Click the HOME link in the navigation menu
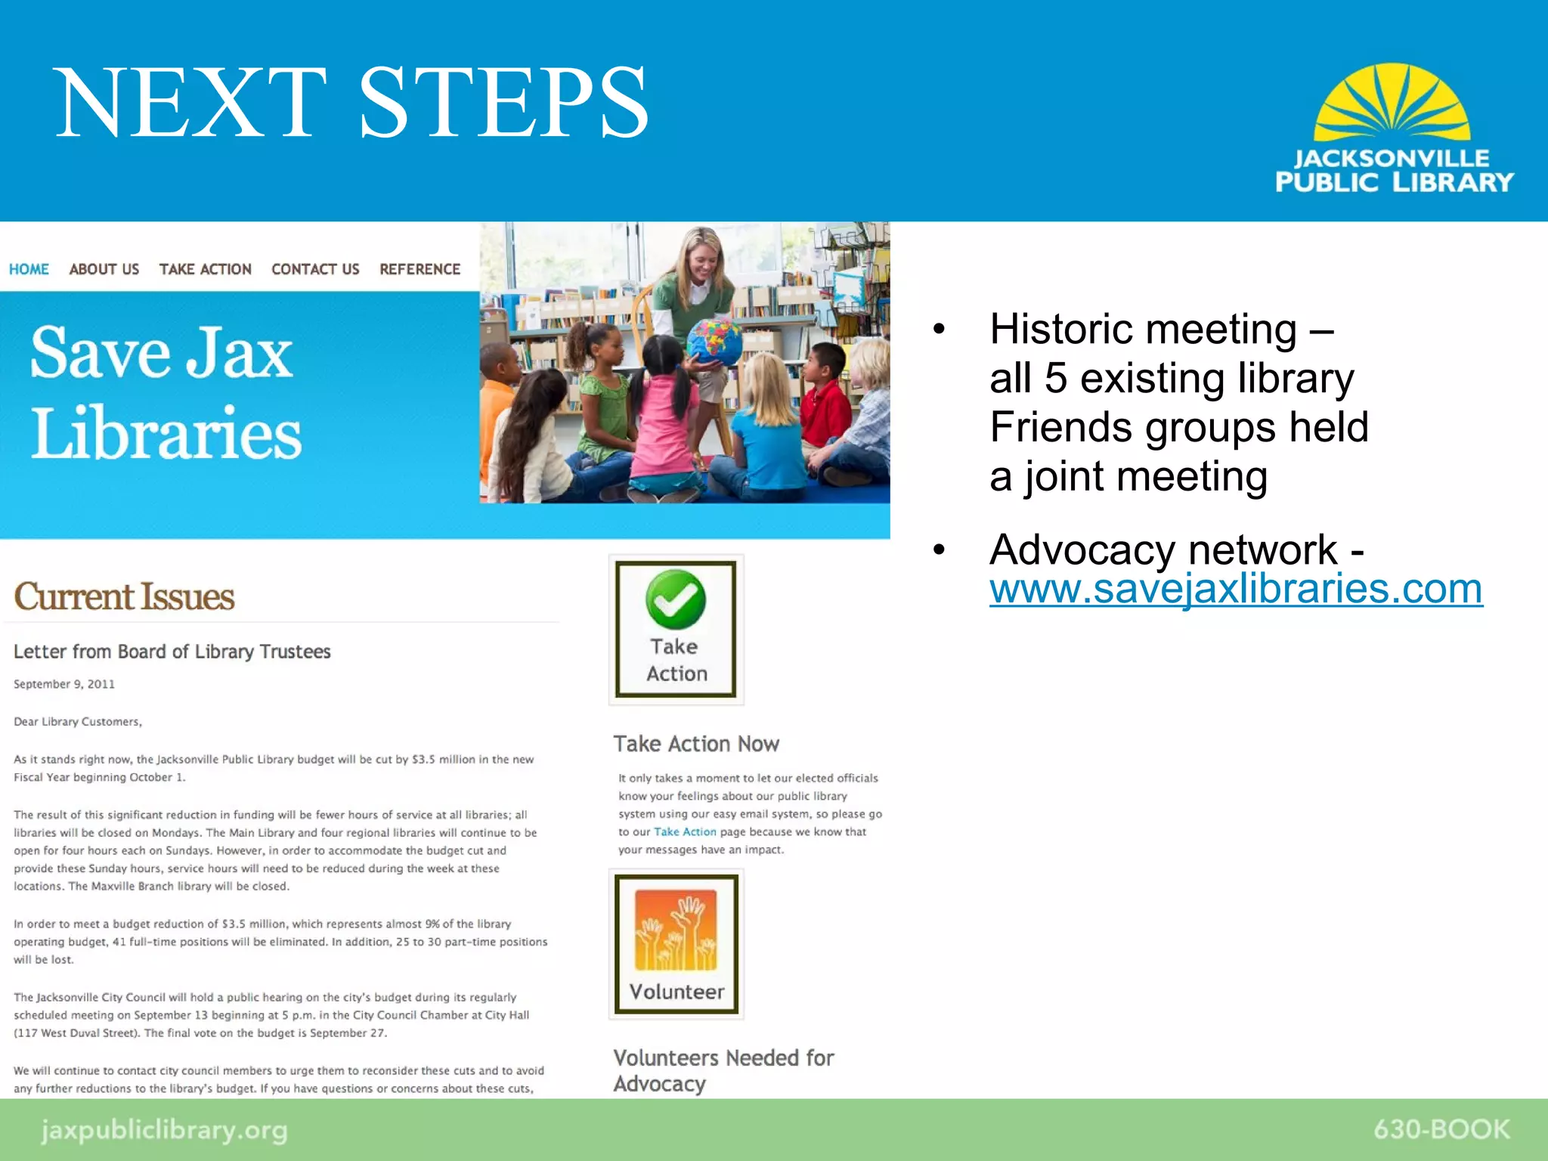pos(29,269)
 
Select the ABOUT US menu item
pos(104,269)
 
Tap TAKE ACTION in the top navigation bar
pos(205,269)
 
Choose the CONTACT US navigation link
pos(315,269)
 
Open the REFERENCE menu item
pos(420,269)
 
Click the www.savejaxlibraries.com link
pos(1236,589)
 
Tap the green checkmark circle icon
pos(676,599)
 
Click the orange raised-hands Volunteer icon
pos(676,930)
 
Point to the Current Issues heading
pos(125,596)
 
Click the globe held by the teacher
pos(714,341)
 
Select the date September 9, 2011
pos(64,684)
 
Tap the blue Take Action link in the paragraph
pos(685,831)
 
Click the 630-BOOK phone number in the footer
pos(1441,1129)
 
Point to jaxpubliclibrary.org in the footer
pos(164,1131)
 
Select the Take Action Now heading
pos(696,744)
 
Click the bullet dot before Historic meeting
pos(939,329)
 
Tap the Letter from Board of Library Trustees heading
pos(172,652)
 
